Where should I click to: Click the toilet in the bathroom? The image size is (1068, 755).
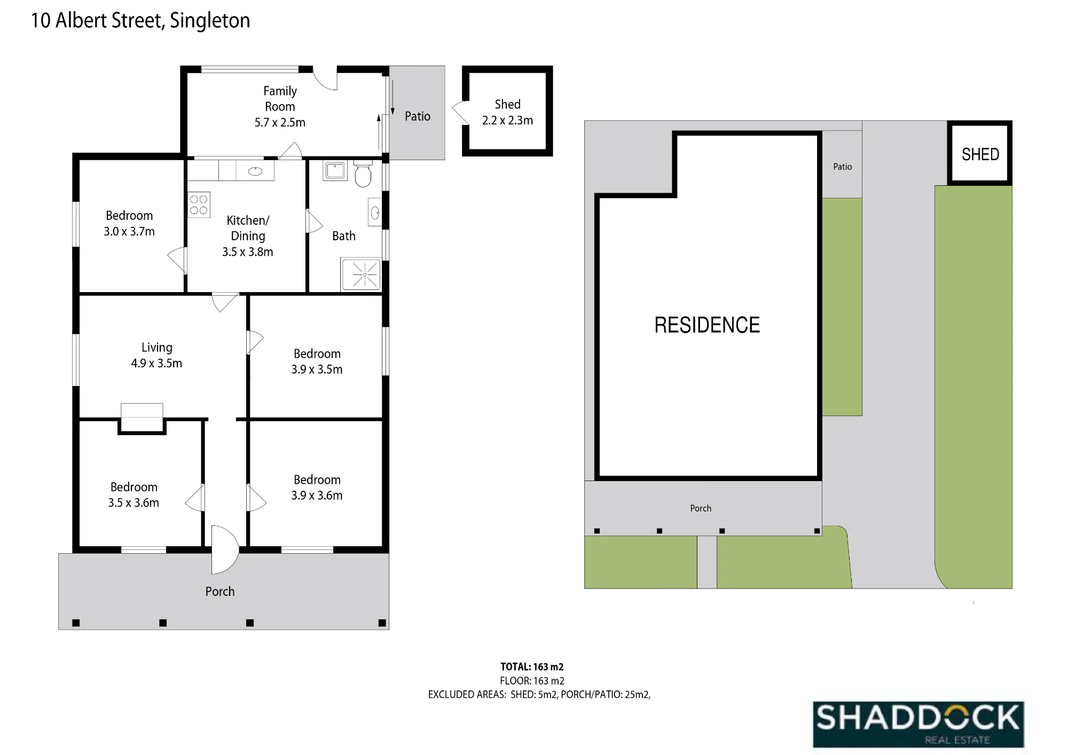[x=363, y=174]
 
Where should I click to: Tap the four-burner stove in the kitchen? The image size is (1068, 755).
[x=199, y=205]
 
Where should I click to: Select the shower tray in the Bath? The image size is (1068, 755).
[x=361, y=274]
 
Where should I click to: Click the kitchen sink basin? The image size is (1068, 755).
[x=256, y=171]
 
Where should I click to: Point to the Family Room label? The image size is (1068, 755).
[x=280, y=99]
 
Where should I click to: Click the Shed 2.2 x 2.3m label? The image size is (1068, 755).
[x=507, y=112]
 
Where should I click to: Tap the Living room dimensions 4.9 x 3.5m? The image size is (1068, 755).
[x=156, y=363]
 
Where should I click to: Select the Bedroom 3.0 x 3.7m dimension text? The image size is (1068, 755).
[x=129, y=231]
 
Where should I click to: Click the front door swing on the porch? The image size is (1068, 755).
[x=225, y=549]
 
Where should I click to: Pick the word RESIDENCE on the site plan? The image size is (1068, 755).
[x=707, y=325]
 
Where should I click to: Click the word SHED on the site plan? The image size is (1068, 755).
[x=980, y=154]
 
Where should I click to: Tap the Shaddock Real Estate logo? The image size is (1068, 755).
[x=918, y=724]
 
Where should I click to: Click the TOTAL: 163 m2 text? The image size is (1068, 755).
[x=532, y=667]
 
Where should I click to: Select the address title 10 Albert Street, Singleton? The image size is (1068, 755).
[x=140, y=20]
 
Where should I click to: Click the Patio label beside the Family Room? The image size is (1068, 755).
[x=418, y=116]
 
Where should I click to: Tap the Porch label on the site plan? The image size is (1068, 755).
[x=701, y=508]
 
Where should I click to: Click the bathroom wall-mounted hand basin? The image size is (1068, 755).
[x=375, y=214]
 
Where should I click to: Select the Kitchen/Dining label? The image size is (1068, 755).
[x=248, y=228]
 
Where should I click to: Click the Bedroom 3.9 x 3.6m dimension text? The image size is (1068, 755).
[x=317, y=496]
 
